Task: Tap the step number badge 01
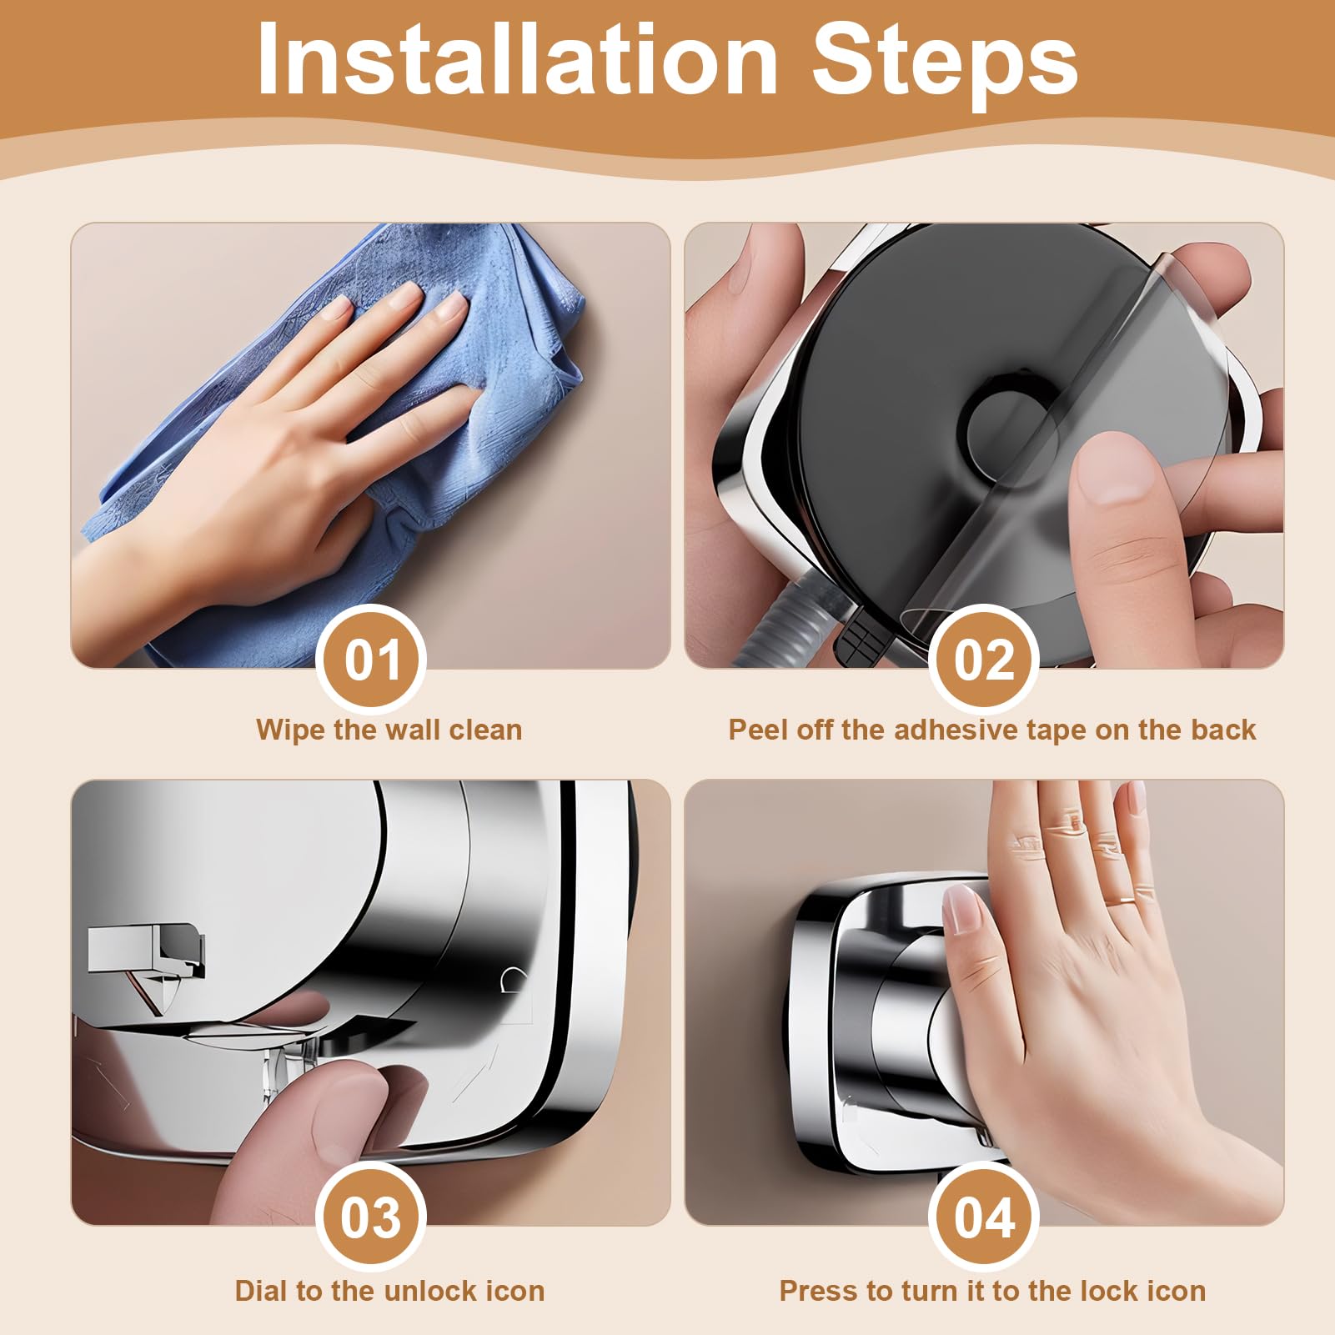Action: tap(372, 660)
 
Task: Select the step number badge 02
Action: tap(984, 660)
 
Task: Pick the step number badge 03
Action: tap(372, 1217)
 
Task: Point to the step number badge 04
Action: tap(984, 1217)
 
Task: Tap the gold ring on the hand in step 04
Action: tap(1126, 899)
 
